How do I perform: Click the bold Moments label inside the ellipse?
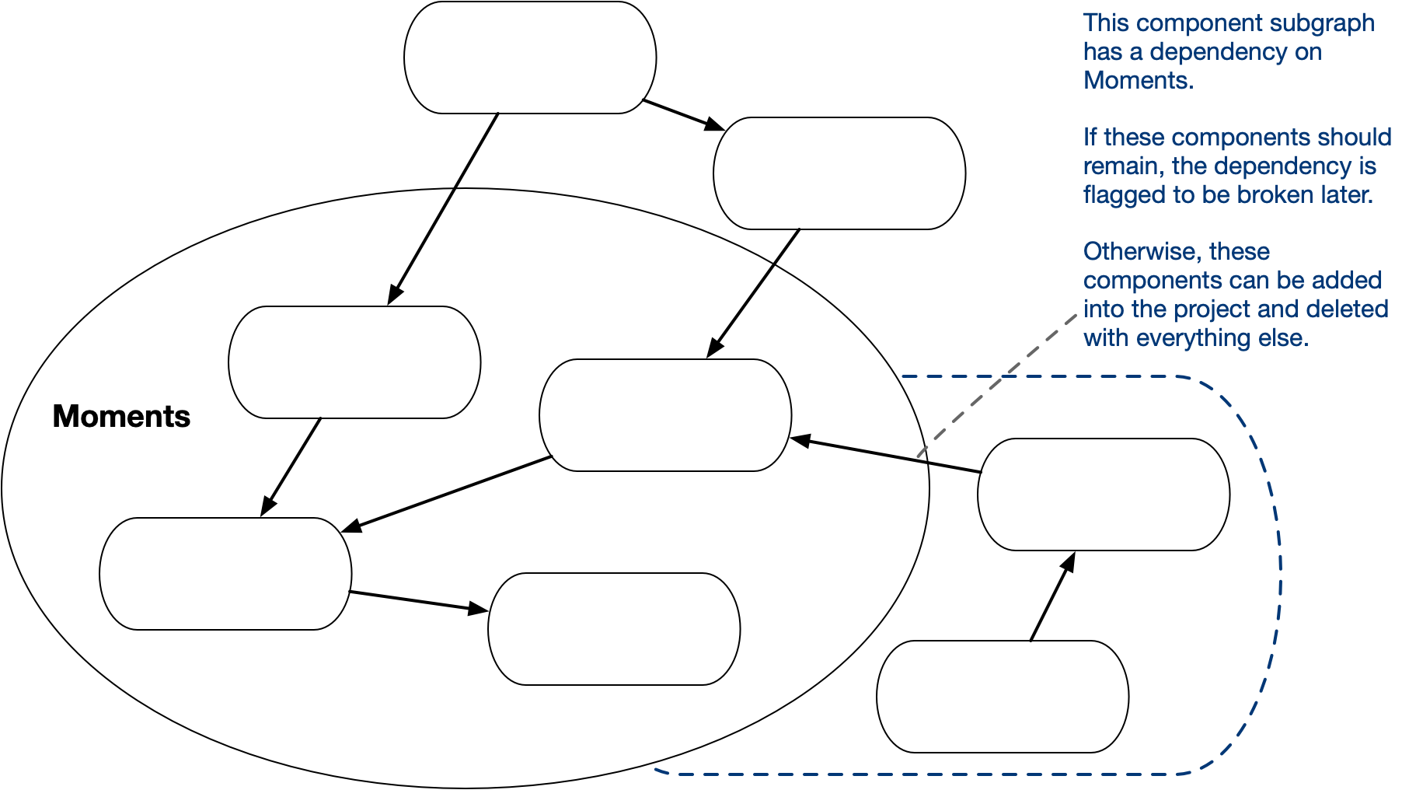121,417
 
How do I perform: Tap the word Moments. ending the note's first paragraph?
1139,80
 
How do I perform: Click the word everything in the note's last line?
1193,338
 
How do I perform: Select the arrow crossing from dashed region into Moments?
886,456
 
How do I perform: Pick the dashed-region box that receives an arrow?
1104,495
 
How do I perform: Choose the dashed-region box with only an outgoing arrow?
1003,697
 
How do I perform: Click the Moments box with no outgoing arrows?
614,629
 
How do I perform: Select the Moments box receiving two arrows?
225,574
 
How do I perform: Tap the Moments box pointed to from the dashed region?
665,415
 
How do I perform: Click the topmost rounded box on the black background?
530,58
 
